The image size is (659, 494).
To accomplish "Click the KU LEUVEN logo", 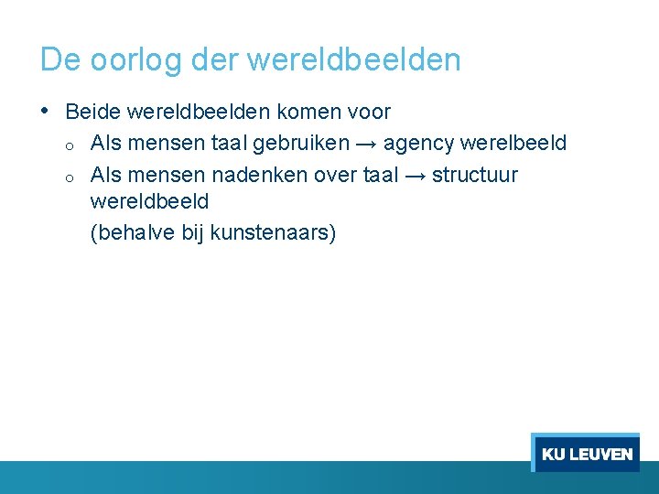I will coord(586,454).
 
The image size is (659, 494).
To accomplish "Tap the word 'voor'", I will coord(368,113).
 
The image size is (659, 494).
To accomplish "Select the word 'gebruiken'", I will coord(301,144).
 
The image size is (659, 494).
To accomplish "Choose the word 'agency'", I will coord(417,145).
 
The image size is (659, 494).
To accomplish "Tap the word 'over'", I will coord(335,175).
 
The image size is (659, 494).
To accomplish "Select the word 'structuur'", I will coord(474,175).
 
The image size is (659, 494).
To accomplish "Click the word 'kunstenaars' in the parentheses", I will coord(273,233).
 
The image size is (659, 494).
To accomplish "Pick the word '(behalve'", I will coord(132,233).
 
